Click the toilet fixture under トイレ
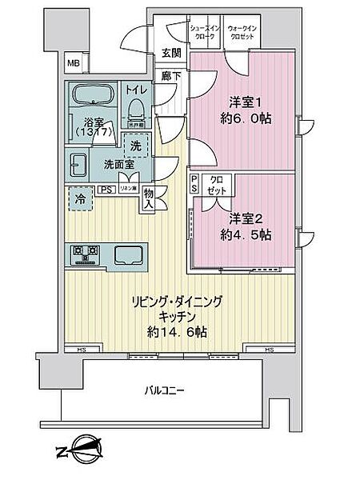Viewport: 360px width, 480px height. click(135, 104)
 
